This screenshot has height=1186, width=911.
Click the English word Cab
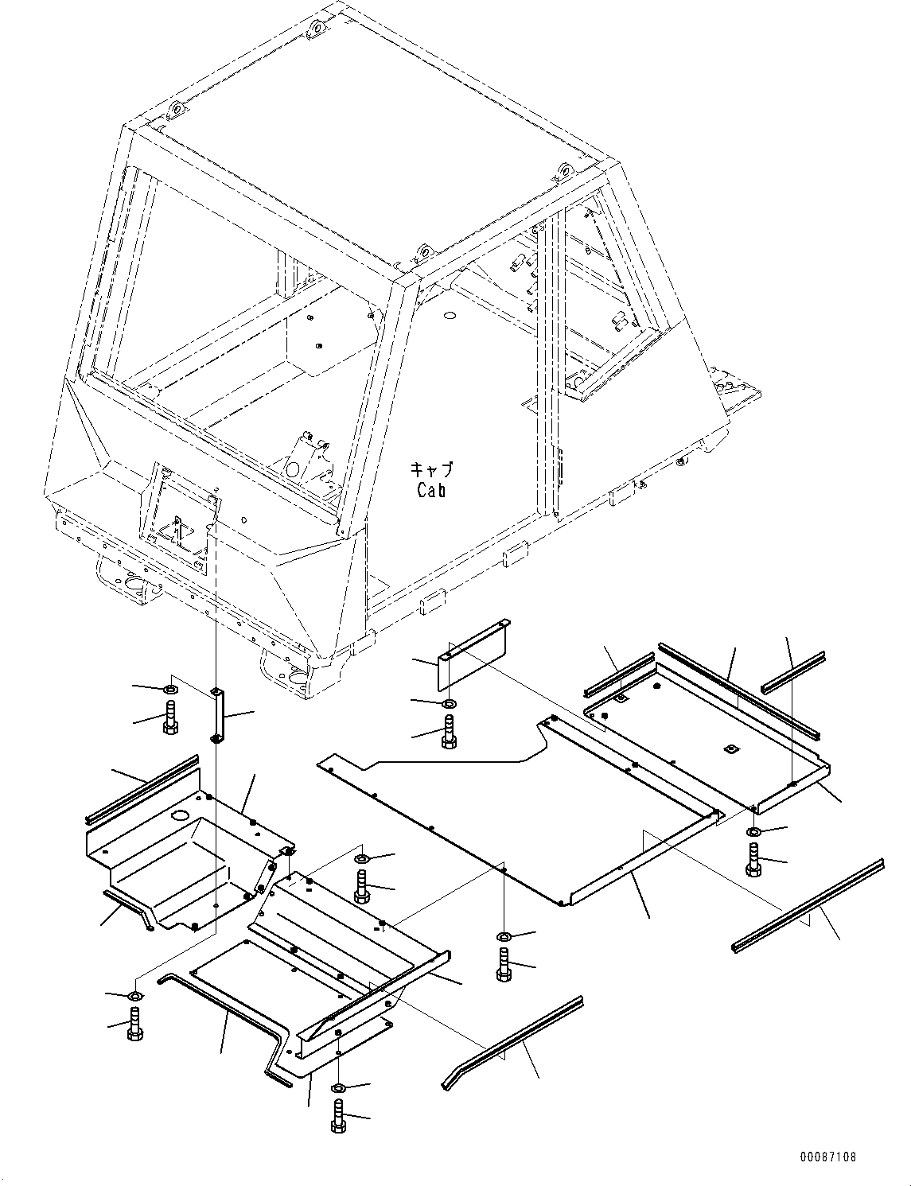click(431, 490)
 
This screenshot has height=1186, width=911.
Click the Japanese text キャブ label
click(431, 469)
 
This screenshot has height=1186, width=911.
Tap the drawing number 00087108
click(829, 1157)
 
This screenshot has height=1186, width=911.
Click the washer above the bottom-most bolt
click(337, 1087)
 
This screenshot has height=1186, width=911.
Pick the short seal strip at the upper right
click(792, 671)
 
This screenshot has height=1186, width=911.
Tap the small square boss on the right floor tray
click(730, 749)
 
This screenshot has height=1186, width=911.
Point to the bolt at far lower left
click(134, 1023)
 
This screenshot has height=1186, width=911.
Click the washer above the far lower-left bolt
click(135, 996)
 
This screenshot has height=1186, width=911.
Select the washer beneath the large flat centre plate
click(503, 935)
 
